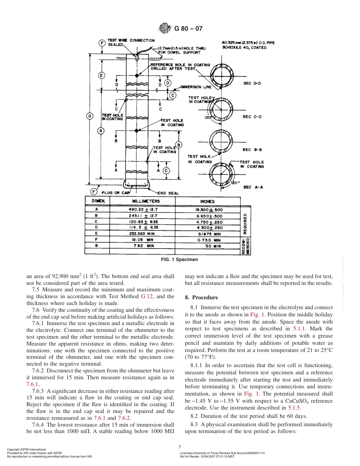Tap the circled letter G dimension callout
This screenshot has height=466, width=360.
(90, 116)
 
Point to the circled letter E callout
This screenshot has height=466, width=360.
(102, 75)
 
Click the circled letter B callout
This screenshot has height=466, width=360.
(179, 145)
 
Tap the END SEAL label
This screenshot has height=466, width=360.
(168, 193)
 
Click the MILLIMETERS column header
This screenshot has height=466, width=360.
(146, 201)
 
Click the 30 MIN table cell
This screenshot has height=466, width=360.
(213, 246)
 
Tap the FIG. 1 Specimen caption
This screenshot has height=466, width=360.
(180, 260)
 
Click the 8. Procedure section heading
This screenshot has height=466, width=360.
(202, 297)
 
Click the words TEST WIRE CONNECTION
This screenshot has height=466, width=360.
(131, 40)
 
